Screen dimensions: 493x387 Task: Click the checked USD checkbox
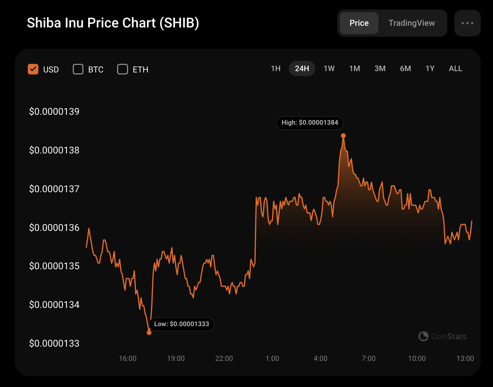point(33,69)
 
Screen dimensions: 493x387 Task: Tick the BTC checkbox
point(78,69)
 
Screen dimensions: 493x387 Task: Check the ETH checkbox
point(122,69)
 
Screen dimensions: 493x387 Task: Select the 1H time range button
point(276,68)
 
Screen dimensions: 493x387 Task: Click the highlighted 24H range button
point(302,68)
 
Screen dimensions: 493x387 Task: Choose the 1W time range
point(329,68)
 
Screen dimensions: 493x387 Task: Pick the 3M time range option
point(380,68)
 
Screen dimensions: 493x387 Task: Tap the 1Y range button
point(430,68)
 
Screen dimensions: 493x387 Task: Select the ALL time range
point(456,68)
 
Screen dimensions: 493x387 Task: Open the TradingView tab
point(412,23)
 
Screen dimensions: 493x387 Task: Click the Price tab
point(359,23)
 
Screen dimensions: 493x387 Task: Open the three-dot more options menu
point(468,23)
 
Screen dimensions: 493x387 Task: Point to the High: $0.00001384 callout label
point(310,123)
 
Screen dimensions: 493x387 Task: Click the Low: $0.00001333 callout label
point(182,324)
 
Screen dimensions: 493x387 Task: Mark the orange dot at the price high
point(343,136)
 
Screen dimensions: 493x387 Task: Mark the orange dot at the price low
point(149,333)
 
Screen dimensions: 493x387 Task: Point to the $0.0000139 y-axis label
point(54,111)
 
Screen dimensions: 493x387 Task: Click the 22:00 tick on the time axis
point(224,359)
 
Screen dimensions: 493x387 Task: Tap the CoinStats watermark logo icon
point(423,336)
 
